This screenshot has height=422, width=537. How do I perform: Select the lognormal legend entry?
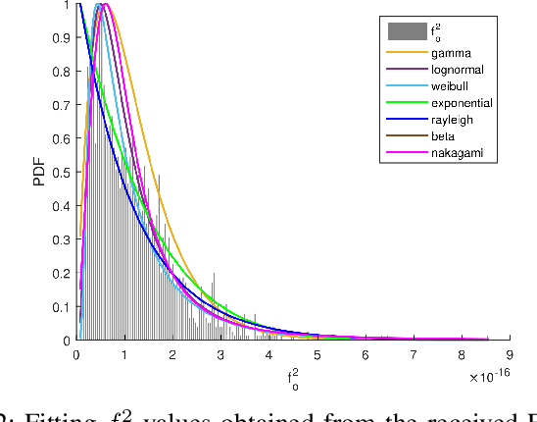pyautogui.click(x=455, y=70)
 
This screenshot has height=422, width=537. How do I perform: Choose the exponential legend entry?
pyautogui.click(x=461, y=103)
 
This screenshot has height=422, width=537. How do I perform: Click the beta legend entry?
pyautogui.click(x=442, y=136)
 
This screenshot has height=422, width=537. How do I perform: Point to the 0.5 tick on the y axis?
pyautogui.click(x=62, y=173)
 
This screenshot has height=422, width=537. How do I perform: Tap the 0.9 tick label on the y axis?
pyautogui.click(x=62, y=38)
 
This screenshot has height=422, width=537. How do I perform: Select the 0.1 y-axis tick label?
pyautogui.click(x=62, y=307)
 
